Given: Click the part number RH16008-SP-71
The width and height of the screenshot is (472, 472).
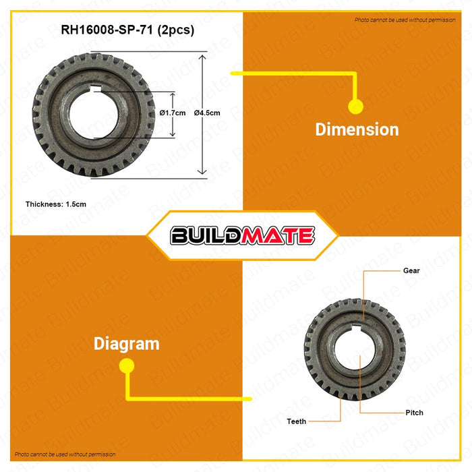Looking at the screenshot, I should pos(101,30).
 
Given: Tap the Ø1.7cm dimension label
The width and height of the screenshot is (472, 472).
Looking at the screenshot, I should pos(173,113).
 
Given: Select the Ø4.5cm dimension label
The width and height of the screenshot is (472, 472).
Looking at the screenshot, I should pos(207,113).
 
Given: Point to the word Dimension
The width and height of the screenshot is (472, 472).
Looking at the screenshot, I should pos(357,129).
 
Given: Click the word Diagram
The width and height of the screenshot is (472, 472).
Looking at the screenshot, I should pos(127,343).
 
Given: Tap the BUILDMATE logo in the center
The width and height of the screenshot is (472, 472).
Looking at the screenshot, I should pos(242,235).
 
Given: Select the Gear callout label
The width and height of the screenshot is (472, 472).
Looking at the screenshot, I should pos(412,270).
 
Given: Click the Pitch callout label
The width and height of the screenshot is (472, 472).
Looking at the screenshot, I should pos(415,412).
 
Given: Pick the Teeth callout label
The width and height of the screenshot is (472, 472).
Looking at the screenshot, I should pos(296,421).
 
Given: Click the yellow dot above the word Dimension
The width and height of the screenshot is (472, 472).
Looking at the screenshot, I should pos(355,107).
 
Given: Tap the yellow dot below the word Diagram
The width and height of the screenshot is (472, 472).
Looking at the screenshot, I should pos(126,365).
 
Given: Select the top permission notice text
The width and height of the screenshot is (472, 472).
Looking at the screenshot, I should pos(405,20).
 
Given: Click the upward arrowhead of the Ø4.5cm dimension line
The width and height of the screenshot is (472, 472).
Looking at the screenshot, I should pos(202,57).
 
